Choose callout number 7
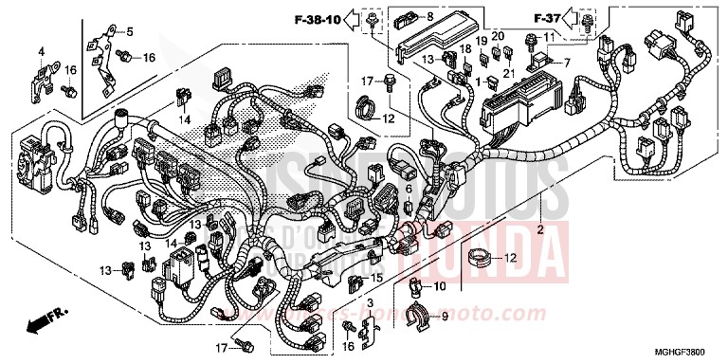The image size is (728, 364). tap(567, 63)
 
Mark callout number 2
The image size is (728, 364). tap(542, 230)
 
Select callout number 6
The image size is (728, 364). tap(409, 189)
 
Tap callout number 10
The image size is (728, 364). tap(438, 285)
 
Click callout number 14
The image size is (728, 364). tap(187, 118)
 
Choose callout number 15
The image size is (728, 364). tap(377, 278)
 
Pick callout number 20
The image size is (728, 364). tap(498, 39)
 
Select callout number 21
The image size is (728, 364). tap(508, 74)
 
